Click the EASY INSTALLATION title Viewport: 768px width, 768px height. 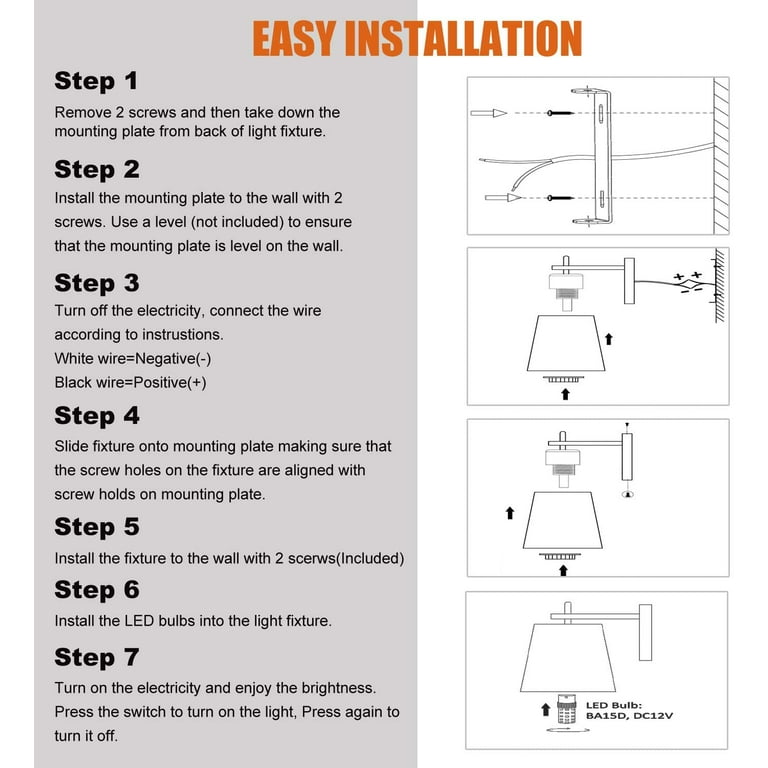416,38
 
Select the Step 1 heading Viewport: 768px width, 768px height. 96,81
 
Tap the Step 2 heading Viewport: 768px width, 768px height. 97,169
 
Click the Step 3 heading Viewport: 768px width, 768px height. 97,283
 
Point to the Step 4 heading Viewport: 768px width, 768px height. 97,415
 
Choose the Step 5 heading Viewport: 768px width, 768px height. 97,527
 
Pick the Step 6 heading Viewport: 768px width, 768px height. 97,590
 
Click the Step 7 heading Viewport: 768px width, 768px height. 97,657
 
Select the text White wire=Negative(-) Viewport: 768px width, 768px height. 133,358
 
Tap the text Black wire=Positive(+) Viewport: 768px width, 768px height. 130,382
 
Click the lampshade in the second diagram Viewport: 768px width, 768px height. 563,346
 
